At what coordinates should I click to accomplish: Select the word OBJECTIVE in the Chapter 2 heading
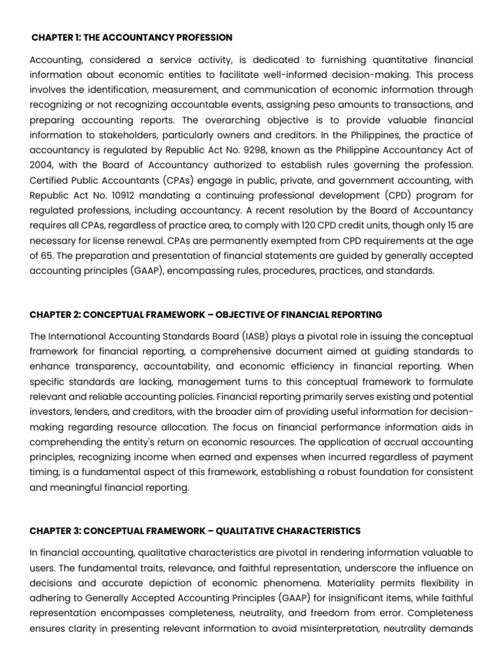tap(236, 315)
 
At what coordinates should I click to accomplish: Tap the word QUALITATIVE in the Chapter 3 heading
tap(242, 530)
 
